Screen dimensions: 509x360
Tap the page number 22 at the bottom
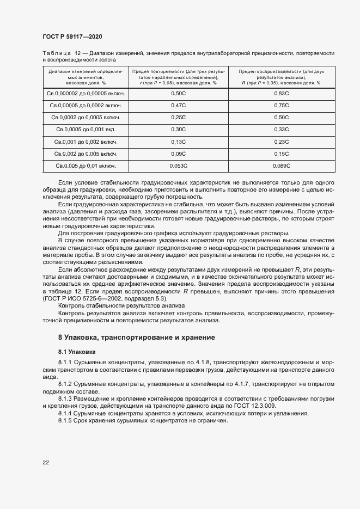pyautogui.click(x=45, y=462)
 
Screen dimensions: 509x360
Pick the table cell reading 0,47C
pyautogui.click(x=178, y=105)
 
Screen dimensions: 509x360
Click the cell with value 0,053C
pyautogui.click(x=178, y=165)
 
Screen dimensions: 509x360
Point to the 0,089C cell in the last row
pyautogui.click(x=282, y=165)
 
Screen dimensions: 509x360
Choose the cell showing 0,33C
pyautogui.click(x=282, y=130)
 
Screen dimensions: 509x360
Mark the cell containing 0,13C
pyautogui.click(x=178, y=142)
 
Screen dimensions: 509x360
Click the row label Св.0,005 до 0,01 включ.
pyautogui.click(x=86, y=165)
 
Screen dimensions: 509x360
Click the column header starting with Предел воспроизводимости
pyautogui.click(x=282, y=77)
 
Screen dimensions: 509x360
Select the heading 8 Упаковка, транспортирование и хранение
pyautogui.click(x=136, y=338)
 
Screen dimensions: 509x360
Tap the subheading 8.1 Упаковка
pyautogui.click(x=77, y=352)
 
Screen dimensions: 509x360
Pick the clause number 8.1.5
pyautogui.click(x=65, y=421)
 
